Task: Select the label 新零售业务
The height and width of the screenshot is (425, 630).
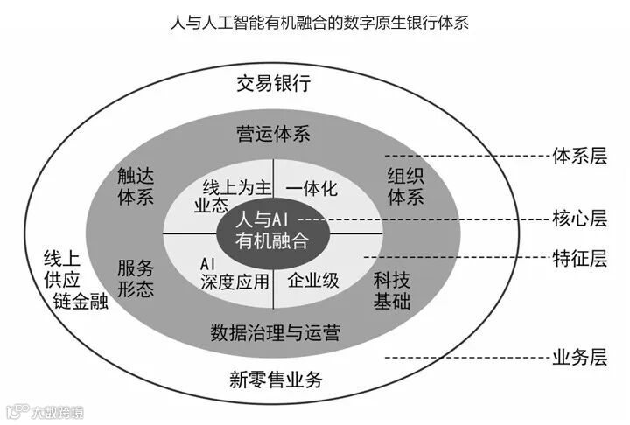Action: pyautogui.click(x=276, y=379)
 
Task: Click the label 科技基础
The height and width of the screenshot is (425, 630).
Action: pyautogui.click(x=392, y=290)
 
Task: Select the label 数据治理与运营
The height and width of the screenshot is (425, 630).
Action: pyautogui.click(x=275, y=332)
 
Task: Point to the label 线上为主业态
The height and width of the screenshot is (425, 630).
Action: pyautogui.click(x=226, y=196)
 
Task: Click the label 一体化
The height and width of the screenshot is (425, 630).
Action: pyautogui.click(x=311, y=187)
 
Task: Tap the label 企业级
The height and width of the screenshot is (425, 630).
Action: pyautogui.click(x=312, y=281)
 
